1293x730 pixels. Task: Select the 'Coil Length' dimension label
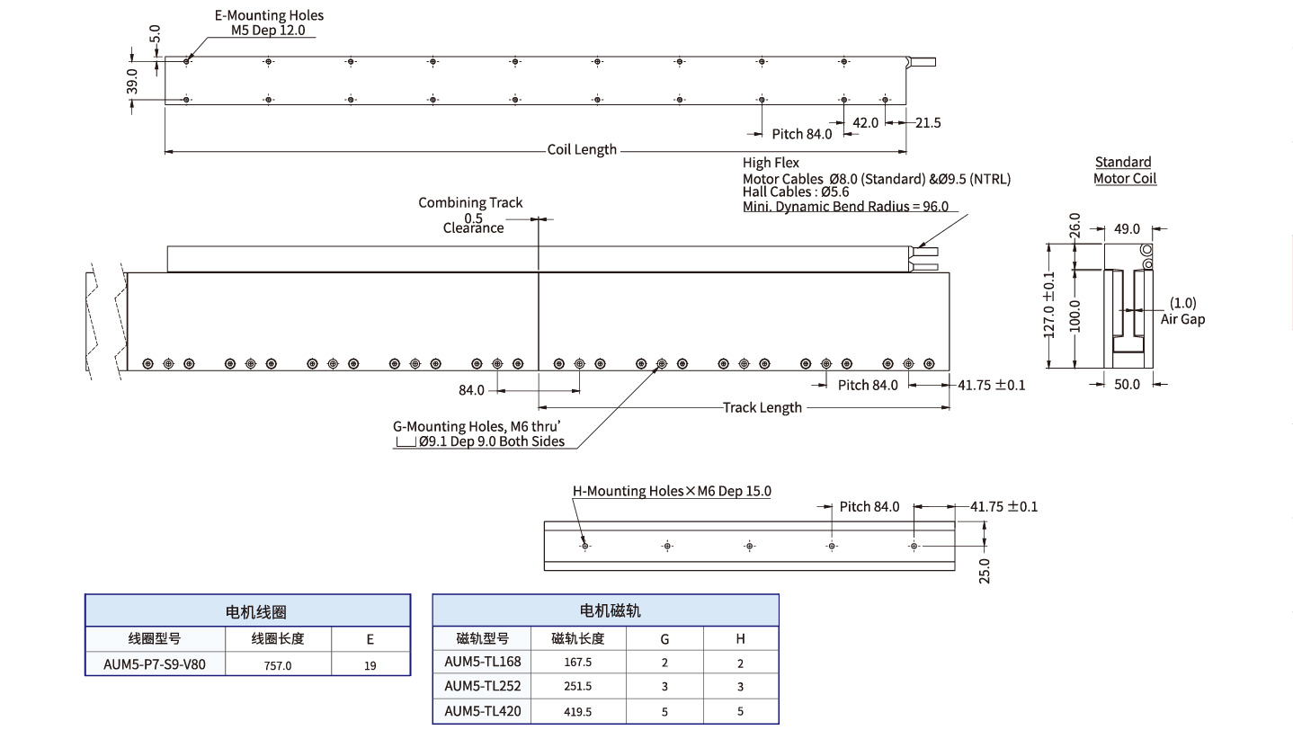point(582,149)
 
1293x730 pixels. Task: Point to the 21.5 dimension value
point(928,122)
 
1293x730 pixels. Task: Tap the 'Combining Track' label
point(470,202)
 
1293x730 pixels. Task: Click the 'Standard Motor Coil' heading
point(1124,170)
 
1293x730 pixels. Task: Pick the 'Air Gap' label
point(1182,319)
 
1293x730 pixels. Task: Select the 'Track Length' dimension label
point(762,407)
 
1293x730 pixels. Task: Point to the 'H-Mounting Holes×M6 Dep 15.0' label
point(672,491)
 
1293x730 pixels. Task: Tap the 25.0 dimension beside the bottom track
point(984,570)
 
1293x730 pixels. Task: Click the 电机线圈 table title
point(247,611)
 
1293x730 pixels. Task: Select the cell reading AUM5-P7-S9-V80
point(155,665)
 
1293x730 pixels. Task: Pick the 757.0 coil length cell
point(278,666)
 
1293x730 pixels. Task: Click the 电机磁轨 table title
point(605,610)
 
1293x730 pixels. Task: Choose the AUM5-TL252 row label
point(483,686)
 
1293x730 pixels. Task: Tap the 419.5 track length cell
point(577,712)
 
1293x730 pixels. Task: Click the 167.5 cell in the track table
point(577,662)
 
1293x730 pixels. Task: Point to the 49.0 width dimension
point(1127,229)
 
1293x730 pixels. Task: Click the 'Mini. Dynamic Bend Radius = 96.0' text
point(845,206)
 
